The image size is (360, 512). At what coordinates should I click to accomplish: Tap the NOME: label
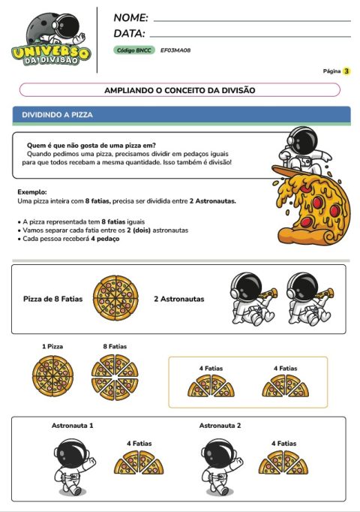pos(130,17)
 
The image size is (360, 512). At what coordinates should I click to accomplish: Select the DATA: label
pos(129,33)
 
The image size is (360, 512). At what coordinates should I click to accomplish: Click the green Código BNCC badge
pos(134,50)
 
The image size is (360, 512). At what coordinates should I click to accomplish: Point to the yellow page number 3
pos(346,71)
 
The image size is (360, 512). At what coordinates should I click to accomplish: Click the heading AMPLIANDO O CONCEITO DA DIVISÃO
pos(179,90)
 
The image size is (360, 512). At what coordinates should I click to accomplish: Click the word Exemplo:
pos(31,192)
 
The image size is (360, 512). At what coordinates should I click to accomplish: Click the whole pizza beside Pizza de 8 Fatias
pos(115,298)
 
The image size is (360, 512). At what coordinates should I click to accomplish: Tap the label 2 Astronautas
pos(178,299)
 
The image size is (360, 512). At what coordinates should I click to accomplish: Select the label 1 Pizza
pos(52,346)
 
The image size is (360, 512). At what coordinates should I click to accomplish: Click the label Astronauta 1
pos(72,426)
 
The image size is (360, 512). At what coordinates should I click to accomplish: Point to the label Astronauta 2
pos(220,426)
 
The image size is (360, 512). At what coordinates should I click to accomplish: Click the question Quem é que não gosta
pos(91,144)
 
